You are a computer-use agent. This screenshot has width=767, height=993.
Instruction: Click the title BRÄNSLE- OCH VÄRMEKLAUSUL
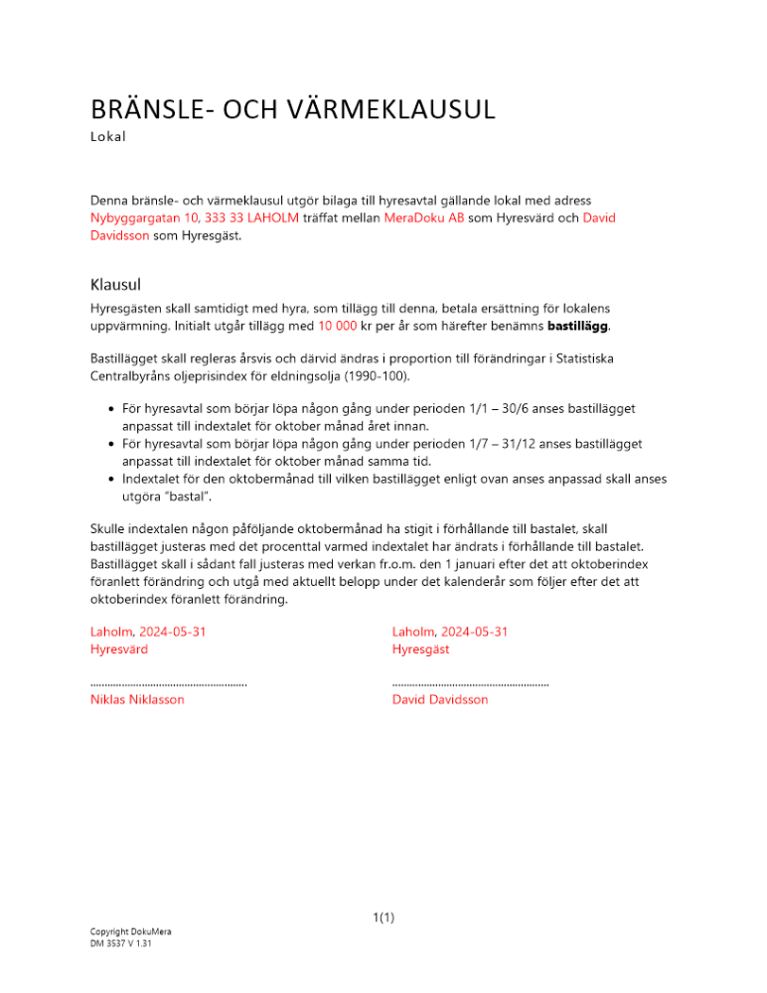click(x=292, y=109)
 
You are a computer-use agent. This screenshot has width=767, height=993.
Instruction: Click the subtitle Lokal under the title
click(x=108, y=137)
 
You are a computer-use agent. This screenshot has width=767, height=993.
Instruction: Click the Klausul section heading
click(x=118, y=283)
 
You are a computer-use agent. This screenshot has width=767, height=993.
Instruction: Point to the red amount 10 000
click(x=337, y=326)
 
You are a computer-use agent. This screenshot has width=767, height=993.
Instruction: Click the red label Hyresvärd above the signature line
click(x=119, y=649)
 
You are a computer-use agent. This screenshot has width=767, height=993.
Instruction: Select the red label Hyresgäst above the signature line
click(x=420, y=649)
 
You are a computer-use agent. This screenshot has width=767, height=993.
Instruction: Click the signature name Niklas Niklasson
click(x=137, y=699)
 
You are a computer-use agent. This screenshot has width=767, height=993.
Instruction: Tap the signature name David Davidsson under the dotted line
click(x=440, y=699)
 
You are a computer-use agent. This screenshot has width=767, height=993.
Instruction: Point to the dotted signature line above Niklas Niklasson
click(x=168, y=683)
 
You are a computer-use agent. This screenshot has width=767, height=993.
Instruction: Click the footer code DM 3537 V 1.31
click(x=120, y=943)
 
